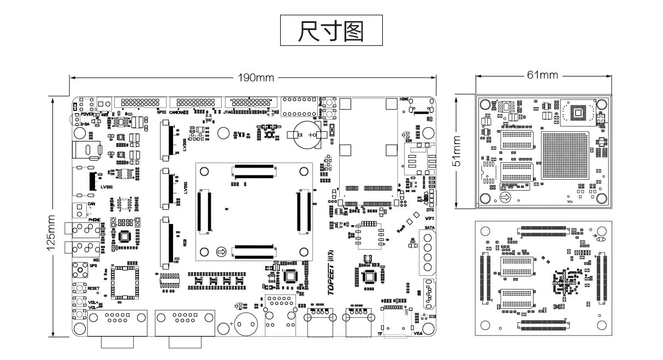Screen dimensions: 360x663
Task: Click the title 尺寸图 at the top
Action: pos(331,32)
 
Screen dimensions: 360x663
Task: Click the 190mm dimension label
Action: pos(255,78)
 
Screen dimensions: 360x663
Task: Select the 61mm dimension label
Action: pos(542,75)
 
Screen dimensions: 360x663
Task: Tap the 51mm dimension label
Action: pos(457,152)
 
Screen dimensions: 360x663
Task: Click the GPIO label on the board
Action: pos(161,112)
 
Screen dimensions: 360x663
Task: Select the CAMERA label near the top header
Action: pos(179,112)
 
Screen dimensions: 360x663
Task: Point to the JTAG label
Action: pos(229,112)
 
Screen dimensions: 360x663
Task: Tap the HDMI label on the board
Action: pos(404,99)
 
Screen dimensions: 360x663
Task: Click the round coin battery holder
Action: pos(306,134)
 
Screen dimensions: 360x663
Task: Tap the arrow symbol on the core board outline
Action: pos(221,252)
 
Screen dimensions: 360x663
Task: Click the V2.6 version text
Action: pos(418,333)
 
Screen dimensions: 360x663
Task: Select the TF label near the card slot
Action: pos(380,333)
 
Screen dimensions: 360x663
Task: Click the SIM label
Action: pos(408,141)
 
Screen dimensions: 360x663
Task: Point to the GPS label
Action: pos(93,266)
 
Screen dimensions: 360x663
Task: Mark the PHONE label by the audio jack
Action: pos(94,220)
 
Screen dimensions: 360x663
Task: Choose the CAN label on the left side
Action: pos(92,204)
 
